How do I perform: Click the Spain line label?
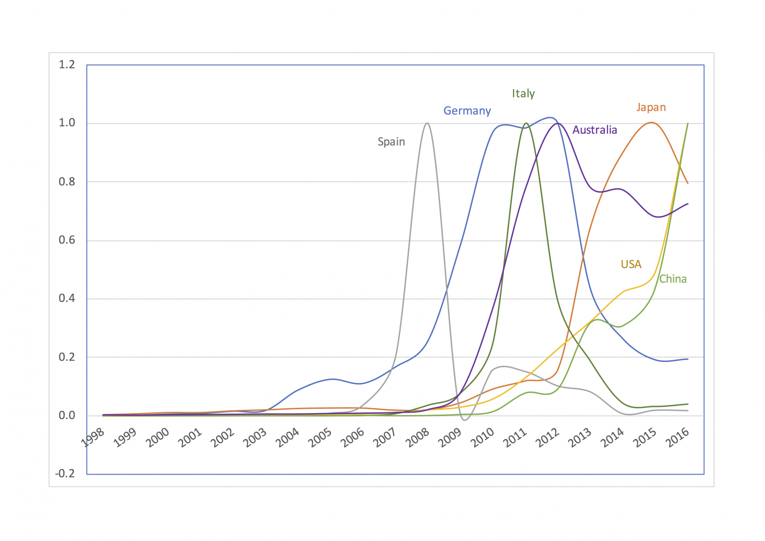(391, 142)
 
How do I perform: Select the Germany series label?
(467, 111)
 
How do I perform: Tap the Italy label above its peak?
(523, 94)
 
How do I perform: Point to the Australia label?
(594, 130)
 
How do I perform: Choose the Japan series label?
(651, 107)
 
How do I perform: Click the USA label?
(631, 264)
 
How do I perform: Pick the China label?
(673, 279)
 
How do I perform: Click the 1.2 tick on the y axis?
(67, 65)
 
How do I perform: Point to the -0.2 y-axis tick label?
(65, 474)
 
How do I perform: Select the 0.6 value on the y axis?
(67, 240)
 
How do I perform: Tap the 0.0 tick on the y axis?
(67, 416)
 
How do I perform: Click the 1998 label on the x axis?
(93, 438)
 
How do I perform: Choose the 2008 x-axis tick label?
(418, 438)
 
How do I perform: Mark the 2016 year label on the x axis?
(678, 438)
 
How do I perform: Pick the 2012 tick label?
(548, 438)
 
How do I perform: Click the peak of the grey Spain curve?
(427, 123)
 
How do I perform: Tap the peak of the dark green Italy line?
(526, 123)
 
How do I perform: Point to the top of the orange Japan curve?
(651, 122)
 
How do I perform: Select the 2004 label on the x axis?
(288, 438)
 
